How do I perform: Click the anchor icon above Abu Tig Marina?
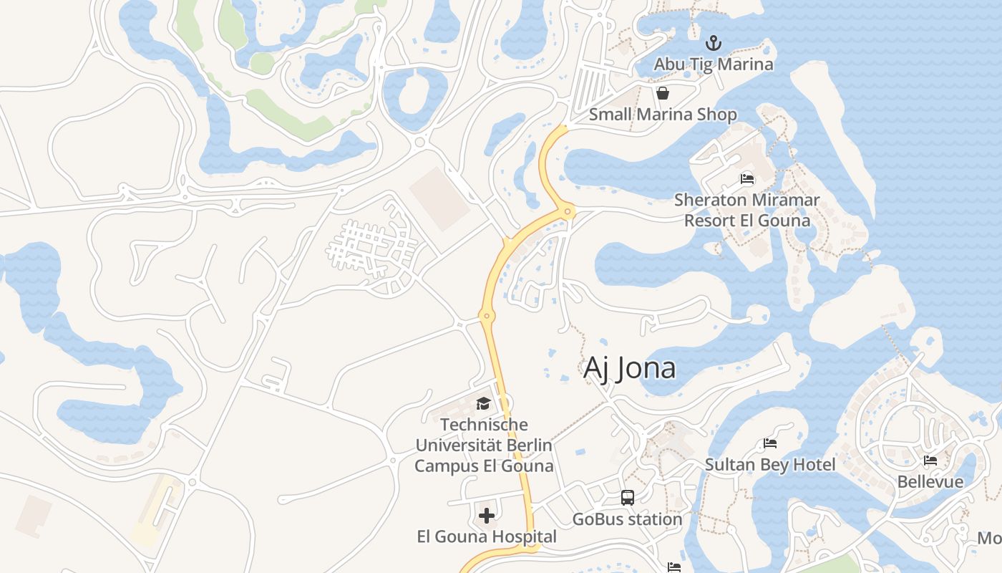click(713, 43)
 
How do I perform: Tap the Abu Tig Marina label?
click(714, 64)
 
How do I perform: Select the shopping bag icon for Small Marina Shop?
click(663, 94)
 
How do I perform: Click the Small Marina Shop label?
click(663, 115)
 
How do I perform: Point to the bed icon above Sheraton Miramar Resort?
click(747, 179)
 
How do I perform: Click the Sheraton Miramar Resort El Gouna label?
click(747, 210)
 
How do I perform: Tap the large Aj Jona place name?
click(629, 368)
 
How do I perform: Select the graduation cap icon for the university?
click(483, 404)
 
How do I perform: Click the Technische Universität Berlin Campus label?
click(485, 446)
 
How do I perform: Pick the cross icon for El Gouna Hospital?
click(487, 516)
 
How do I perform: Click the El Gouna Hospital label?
click(487, 536)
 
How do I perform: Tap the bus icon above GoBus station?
click(628, 498)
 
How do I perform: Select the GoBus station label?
click(628, 519)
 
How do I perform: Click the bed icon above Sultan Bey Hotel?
click(770, 444)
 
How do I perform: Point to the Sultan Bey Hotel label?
click(770, 466)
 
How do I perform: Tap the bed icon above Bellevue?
click(930, 461)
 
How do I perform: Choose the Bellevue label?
click(930, 481)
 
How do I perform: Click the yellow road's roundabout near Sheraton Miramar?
click(568, 211)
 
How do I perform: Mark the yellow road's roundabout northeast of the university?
click(487, 316)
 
